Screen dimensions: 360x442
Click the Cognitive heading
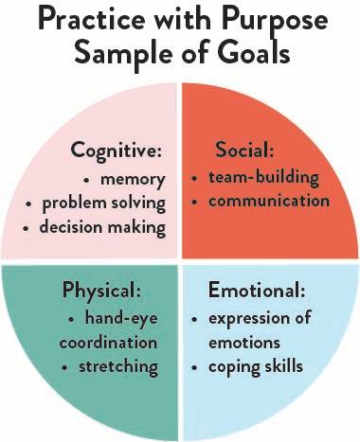coord(115,151)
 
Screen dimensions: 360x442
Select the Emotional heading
coord(258,290)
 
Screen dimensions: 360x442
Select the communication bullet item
coord(268,201)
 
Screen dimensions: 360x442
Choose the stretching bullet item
coord(117,365)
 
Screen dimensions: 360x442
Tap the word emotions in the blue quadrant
coord(243,341)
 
